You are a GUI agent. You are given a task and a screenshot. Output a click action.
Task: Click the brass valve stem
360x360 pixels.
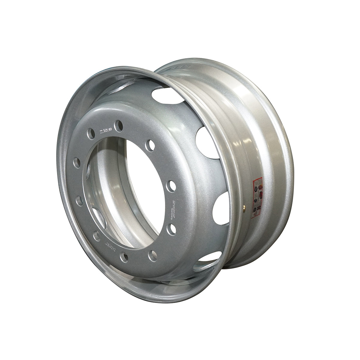244,206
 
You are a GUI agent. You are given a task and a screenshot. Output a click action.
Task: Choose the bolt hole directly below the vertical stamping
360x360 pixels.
171,229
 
